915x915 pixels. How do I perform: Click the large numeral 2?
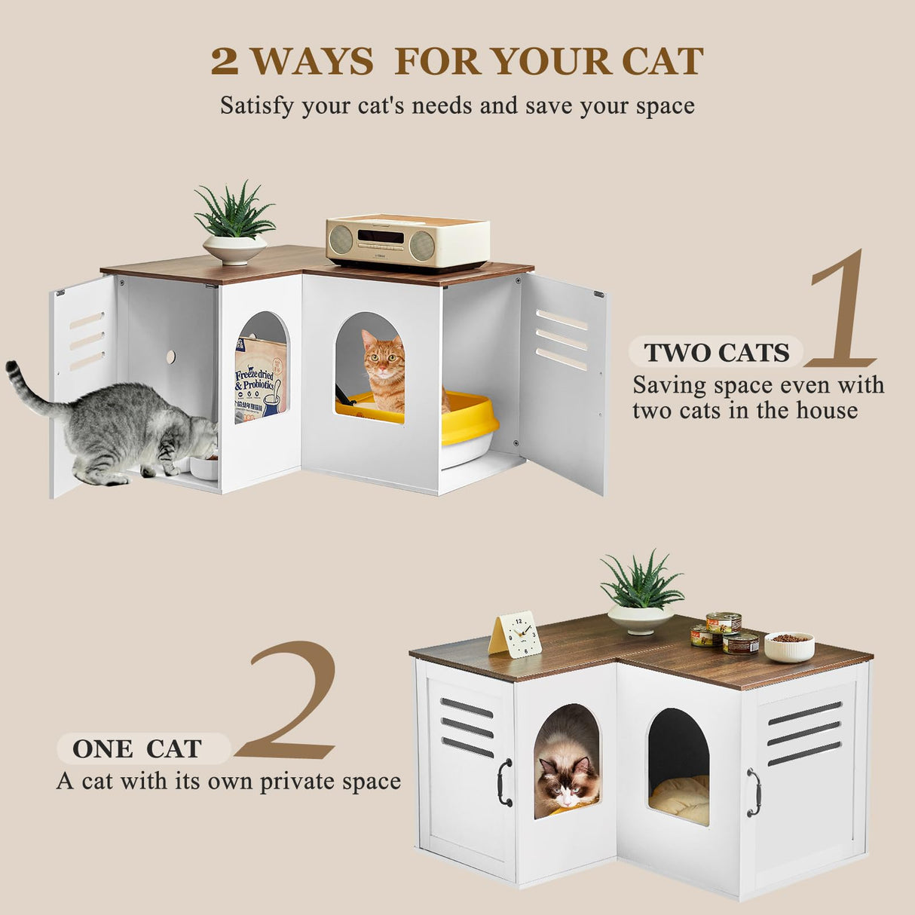(290, 701)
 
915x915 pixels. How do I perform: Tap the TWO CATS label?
(716, 352)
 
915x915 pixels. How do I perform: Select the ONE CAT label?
(137, 748)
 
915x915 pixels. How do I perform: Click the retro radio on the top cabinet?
(408, 242)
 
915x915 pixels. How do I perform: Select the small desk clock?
(516, 635)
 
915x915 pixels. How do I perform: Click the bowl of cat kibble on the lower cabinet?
(789, 646)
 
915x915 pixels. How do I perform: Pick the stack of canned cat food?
(724, 633)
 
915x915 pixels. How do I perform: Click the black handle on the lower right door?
(753, 792)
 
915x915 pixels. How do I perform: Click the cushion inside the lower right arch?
(679, 799)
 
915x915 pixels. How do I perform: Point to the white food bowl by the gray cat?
(204, 467)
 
